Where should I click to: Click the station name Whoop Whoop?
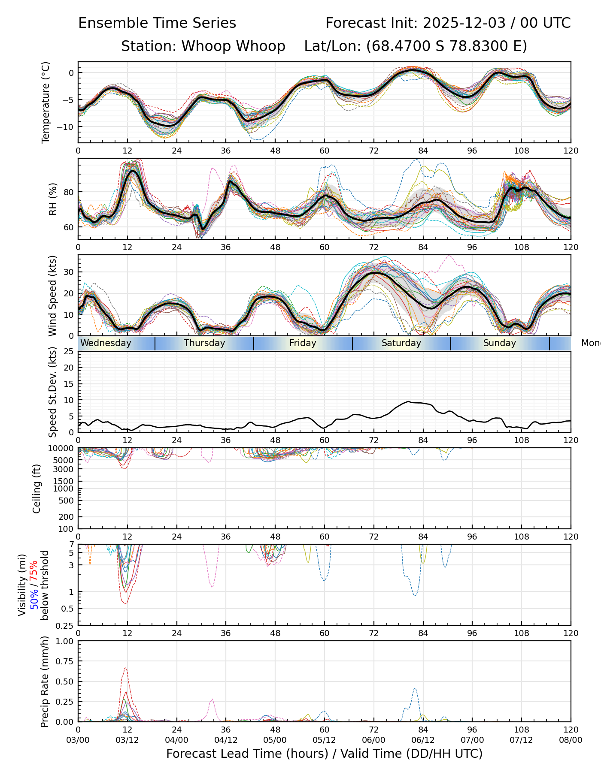pos(233,46)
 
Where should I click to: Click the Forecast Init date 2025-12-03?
pos(464,23)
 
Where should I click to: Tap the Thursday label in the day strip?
pos(204,343)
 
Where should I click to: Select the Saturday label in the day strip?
pos(401,343)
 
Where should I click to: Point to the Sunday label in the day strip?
pos(500,343)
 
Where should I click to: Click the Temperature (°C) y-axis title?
pos(46,102)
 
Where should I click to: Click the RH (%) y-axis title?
pos(53,199)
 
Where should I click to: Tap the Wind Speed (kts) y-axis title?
pos(53,296)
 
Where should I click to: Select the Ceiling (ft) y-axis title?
pos(37,489)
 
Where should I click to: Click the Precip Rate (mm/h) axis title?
pos(45,681)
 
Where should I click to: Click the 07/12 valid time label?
pos(521,740)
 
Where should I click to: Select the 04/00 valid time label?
pos(176,740)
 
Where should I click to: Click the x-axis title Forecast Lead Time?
pos(324,754)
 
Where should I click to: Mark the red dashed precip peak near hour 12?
pos(125,668)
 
